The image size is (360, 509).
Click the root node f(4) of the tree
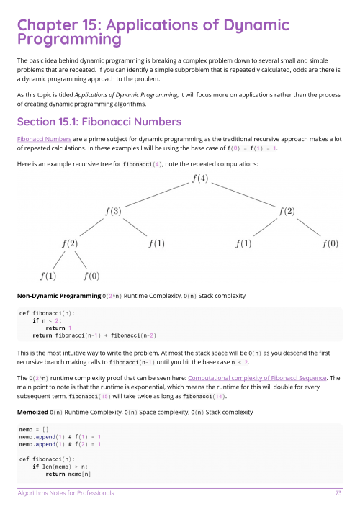point(200,179)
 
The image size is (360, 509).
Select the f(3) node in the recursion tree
point(113,211)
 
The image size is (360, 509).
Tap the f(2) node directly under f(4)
point(287,211)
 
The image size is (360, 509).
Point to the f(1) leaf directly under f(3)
point(156,243)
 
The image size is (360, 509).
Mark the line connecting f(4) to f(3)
point(156,195)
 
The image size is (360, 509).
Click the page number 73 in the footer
point(338,493)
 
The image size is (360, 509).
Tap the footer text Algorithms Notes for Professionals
point(66,493)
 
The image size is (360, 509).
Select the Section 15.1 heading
point(99,121)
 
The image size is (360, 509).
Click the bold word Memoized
point(32,412)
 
